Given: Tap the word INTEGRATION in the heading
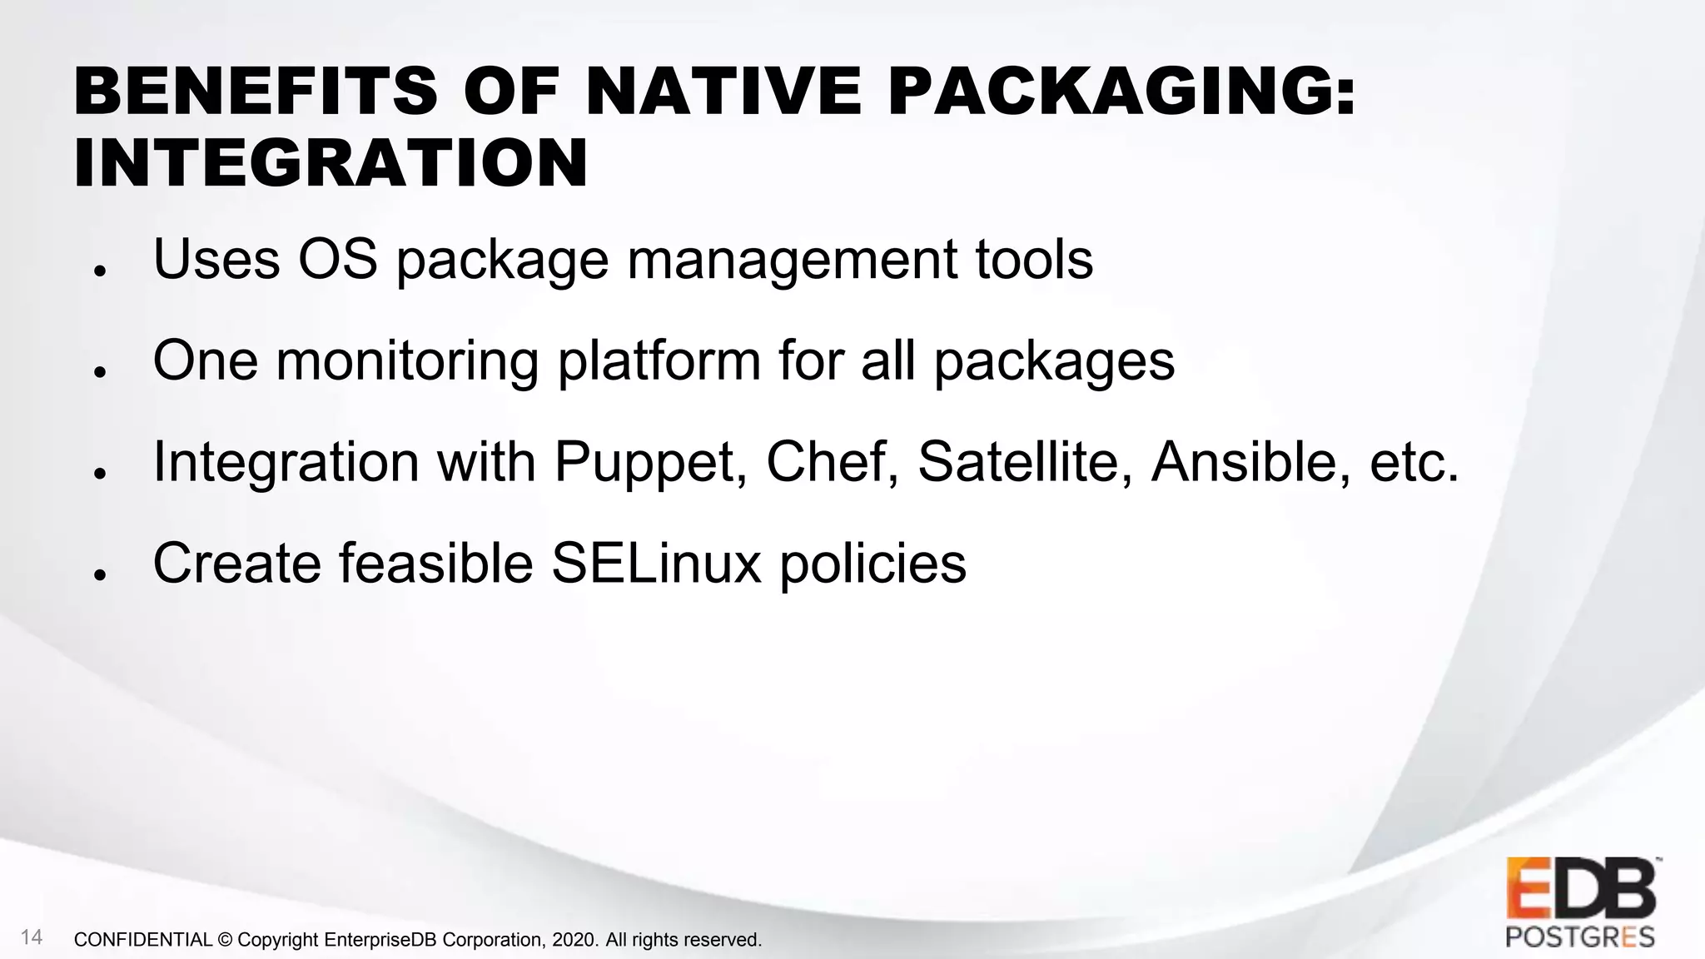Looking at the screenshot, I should coord(331,162).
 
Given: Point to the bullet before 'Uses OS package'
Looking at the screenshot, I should coord(99,271).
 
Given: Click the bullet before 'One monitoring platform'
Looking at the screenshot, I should coord(99,372).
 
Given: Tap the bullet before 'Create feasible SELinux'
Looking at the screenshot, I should coord(99,575).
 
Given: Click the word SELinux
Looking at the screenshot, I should coord(656,564).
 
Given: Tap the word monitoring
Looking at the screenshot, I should coord(407,362).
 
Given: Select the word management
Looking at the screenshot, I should coord(792,261).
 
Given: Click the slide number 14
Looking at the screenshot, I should coord(32,937).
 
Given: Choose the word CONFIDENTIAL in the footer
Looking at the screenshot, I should coord(143,940).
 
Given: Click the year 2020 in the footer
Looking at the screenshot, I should coord(574,940).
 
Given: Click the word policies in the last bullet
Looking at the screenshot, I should coord(872,564).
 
